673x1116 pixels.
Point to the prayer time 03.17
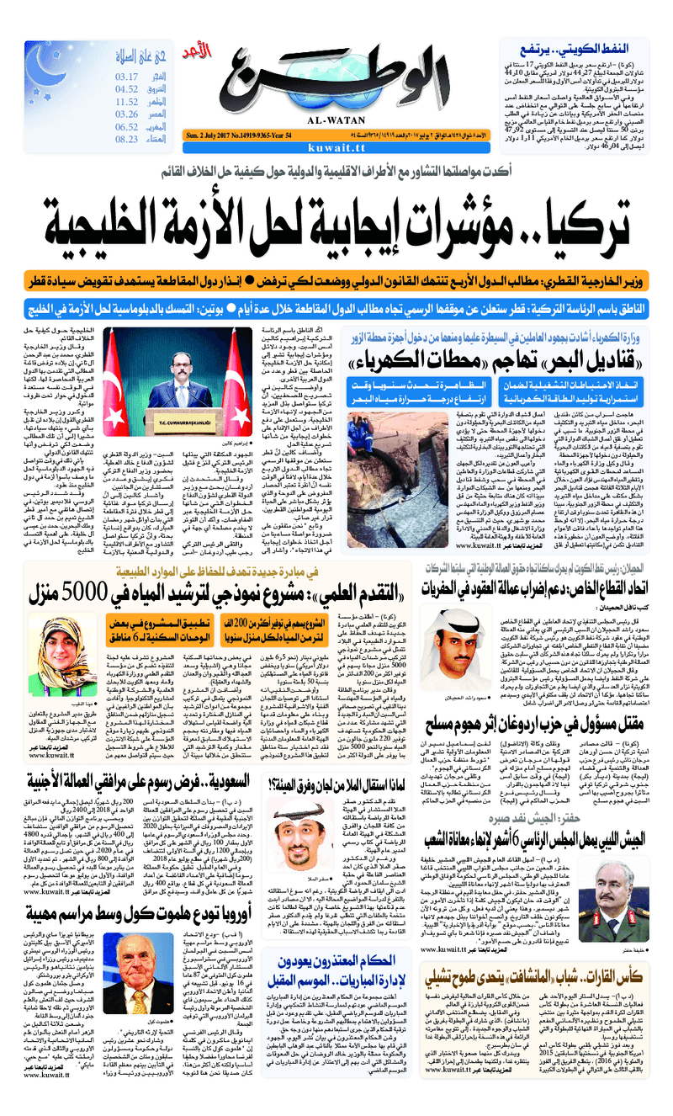pyautogui.click(x=127, y=77)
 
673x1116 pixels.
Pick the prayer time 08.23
pyautogui.click(x=127, y=139)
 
